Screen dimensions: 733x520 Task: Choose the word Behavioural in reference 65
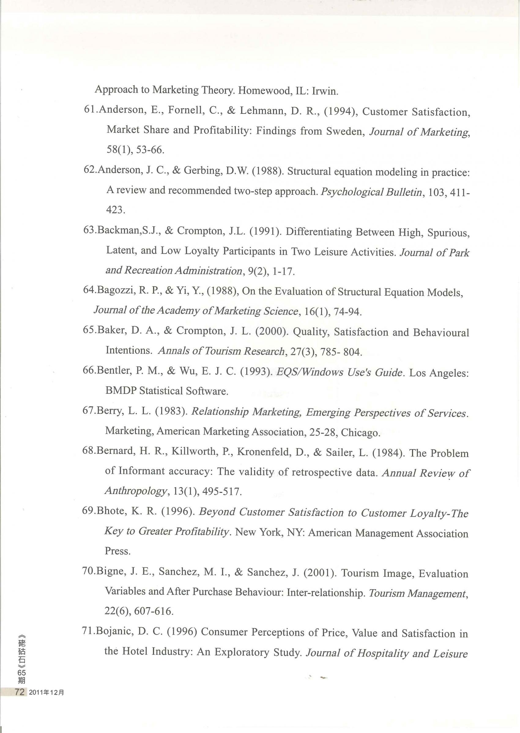(441, 333)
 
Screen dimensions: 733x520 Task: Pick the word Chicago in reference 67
(361, 433)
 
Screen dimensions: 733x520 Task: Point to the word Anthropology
(136, 491)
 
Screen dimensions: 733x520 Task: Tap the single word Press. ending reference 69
(117, 551)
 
